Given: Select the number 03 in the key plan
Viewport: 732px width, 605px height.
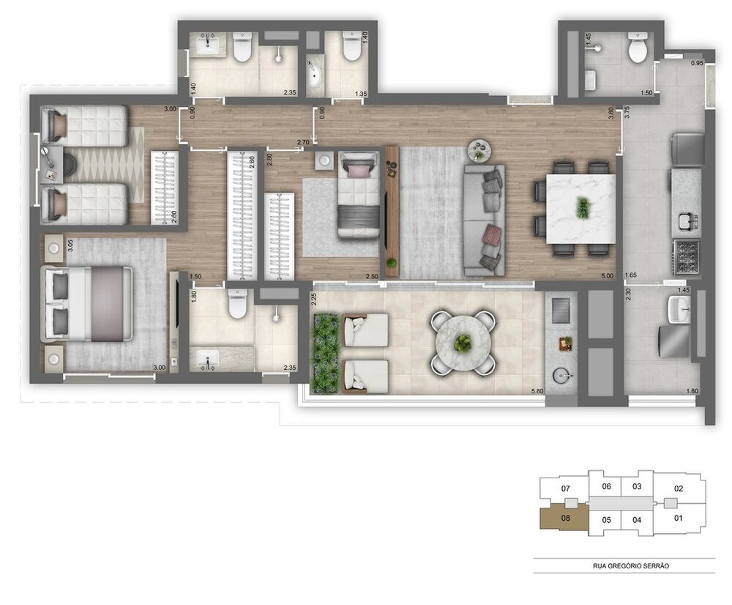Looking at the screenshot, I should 637,486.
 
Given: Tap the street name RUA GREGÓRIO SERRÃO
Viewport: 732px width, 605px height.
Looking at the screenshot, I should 624,566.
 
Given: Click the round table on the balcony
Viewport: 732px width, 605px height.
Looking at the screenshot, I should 463,342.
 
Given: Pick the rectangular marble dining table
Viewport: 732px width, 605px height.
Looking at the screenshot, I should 580,208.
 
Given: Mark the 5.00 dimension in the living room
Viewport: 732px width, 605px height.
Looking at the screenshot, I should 607,275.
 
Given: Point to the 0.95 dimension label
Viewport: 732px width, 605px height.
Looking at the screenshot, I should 697,64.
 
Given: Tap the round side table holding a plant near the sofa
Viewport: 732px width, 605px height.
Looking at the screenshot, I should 479,150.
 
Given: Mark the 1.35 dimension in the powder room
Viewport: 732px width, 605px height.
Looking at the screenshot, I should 360,93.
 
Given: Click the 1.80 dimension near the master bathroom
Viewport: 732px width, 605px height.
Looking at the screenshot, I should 195,297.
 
